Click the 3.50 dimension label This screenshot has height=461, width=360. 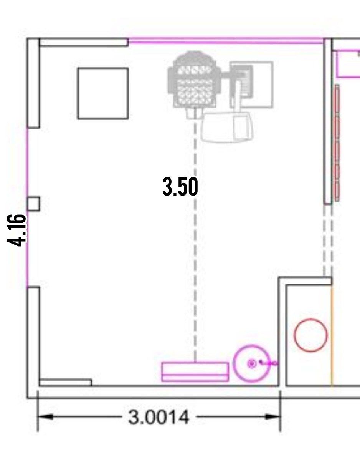coord(180,187)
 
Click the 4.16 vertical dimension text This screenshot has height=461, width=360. coord(17,230)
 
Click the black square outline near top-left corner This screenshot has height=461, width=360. coord(103,94)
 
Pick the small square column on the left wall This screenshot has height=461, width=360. coord(33,204)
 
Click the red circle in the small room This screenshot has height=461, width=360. coord(310,335)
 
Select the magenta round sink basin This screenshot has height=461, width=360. coord(251,364)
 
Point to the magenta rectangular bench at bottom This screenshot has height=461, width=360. coord(195,372)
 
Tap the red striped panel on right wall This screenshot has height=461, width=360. coord(337,143)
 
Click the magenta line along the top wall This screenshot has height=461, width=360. coord(226,41)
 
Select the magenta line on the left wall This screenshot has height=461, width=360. coord(27,207)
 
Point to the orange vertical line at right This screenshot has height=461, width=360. coord(332,335)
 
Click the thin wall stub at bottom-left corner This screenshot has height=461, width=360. coord(66,382)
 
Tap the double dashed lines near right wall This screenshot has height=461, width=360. coord(328,240)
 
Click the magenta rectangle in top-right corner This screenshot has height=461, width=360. coord(348,64)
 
